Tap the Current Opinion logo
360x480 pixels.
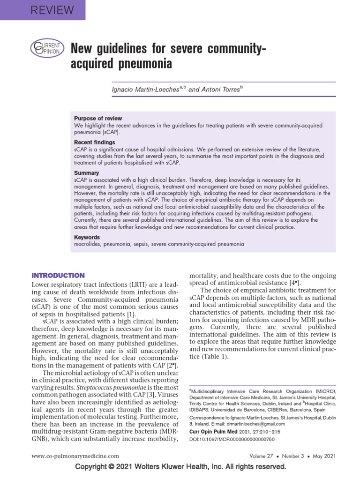click(x=45, y=48)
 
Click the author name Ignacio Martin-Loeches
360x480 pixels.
click(x=143, y=89)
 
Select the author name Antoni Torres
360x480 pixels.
click(x=223, y=89)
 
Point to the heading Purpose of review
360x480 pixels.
click(x=98, y=119)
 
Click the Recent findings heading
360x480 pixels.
click(x=94, y=142)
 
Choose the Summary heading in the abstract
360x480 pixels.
click(x=87, y=173)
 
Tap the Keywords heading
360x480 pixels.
click(x=87, y=238)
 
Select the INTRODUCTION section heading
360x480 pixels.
click(x=58, y=276)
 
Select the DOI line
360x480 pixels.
click(x=231, y=439)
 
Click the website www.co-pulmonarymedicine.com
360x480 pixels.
click(x=75, y=456)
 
